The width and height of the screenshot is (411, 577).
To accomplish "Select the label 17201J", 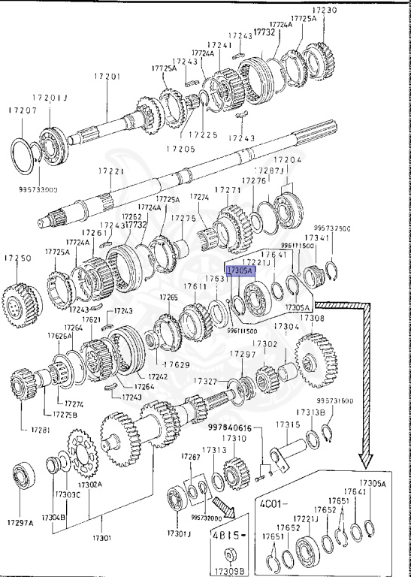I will (50, 98).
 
